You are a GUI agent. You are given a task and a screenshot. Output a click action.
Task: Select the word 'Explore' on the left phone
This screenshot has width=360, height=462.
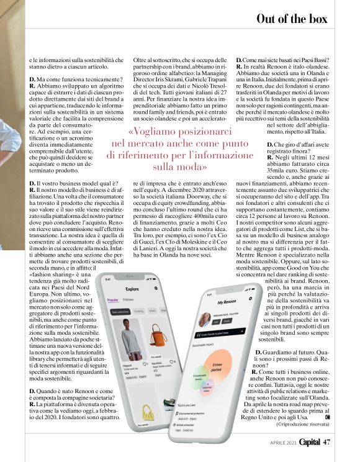[x=132, y=289]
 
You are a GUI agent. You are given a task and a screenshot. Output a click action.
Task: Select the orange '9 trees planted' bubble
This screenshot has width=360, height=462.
[x=217, y=366]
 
